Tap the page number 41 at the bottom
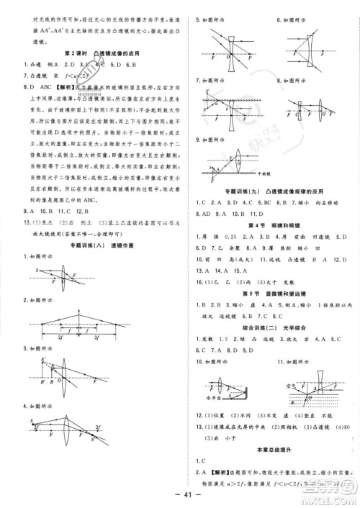pyautogui.click(x=179, y=496)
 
